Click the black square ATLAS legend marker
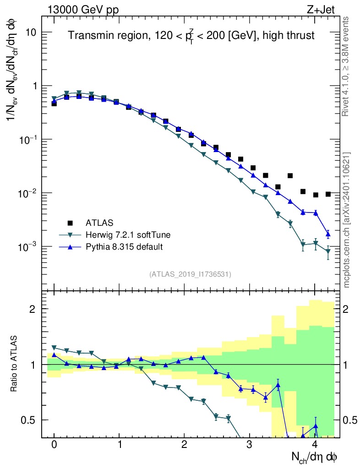[70, 223]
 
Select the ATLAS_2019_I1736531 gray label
[190, 274]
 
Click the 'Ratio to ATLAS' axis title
[15, 363]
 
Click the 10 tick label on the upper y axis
[31, 33]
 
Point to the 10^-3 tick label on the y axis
[28, 247]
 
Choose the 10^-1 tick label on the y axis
[28, 140]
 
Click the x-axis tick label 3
[250, 445]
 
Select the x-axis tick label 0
[54, 445]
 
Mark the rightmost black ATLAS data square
[328, 194]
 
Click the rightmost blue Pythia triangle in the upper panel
[328, 234]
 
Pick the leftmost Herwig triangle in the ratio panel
[54, 348]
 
